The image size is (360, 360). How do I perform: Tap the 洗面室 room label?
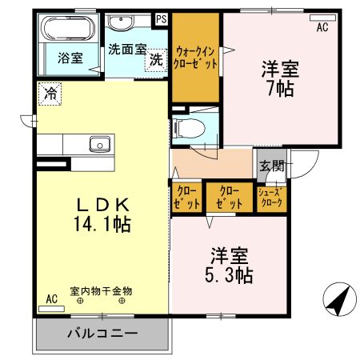[x=127, y=48]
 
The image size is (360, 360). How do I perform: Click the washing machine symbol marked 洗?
[x=155, y=60]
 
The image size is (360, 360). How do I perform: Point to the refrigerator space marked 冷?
[x=50, y=93]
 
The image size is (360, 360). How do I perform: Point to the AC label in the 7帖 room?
[x=322, y=27]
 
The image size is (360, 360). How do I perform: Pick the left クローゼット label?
[x=184, y=198]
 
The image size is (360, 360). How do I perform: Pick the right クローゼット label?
[x=229, y=198]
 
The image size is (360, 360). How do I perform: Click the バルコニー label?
[x=102, y=332]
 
